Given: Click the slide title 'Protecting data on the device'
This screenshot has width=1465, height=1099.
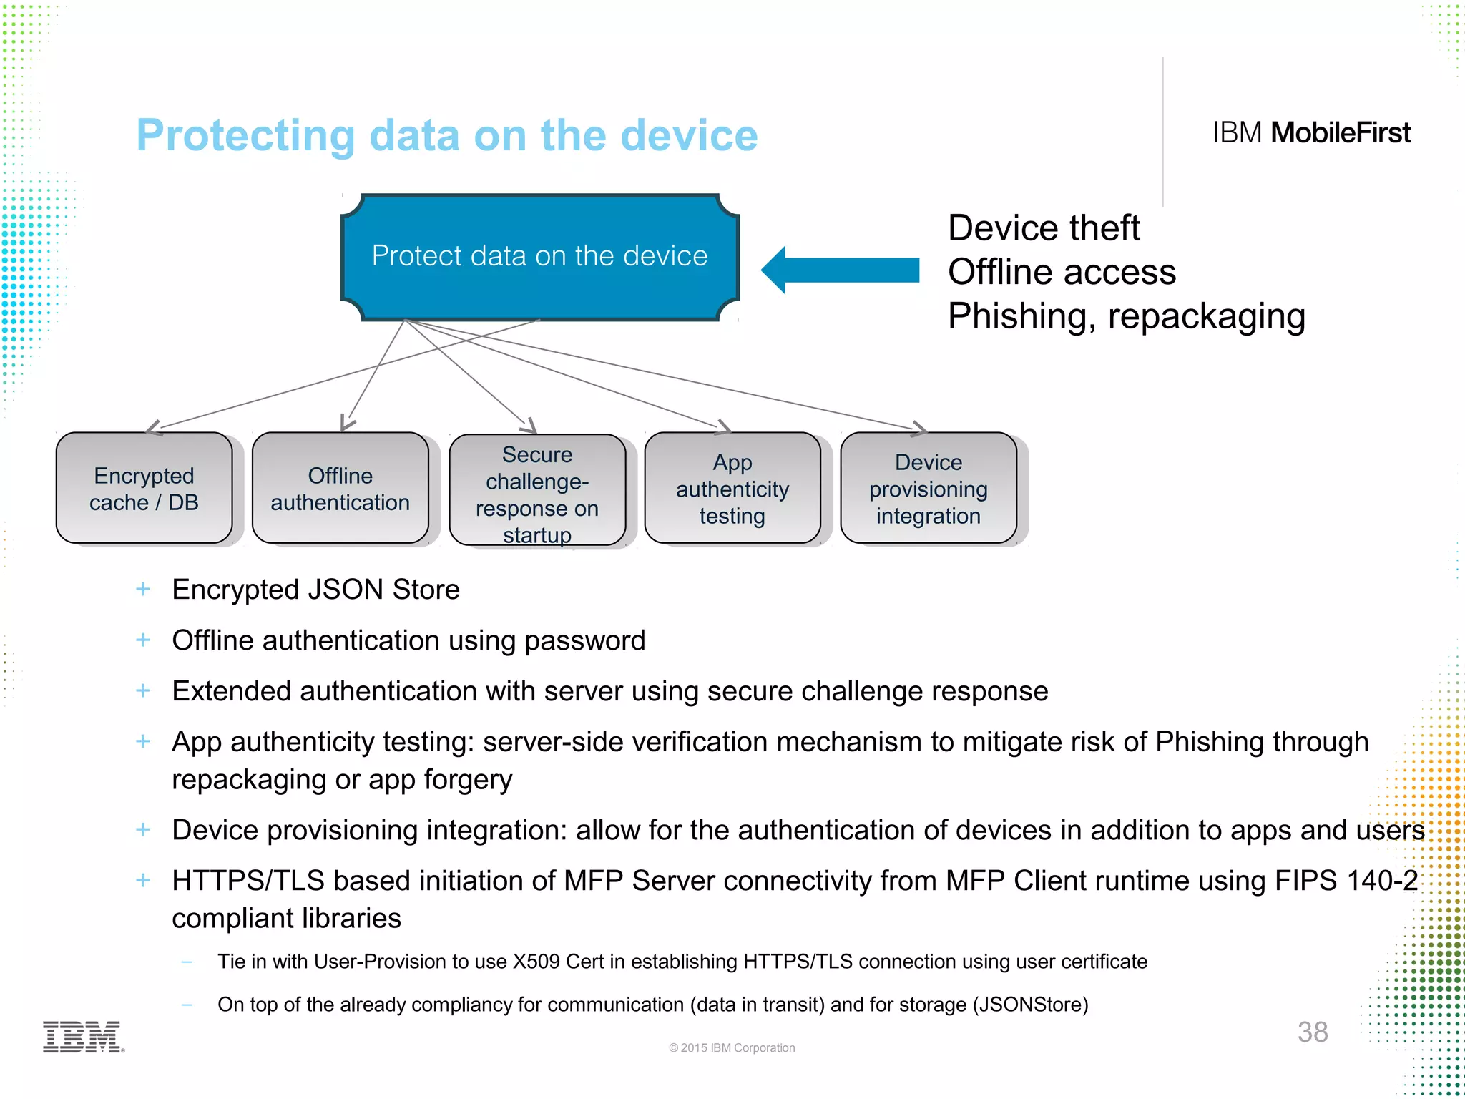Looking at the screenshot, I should tap(446, 135).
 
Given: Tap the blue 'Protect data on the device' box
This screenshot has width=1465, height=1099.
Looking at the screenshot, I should tap(540, 256).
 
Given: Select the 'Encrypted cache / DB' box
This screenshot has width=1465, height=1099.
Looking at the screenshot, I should tap(144, 489).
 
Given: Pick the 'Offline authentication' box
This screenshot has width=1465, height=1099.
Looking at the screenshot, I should tap(340, 489).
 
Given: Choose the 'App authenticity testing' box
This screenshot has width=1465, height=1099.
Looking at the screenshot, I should tap(732, 489).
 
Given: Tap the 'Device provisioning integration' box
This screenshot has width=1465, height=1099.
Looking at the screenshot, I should tap(928, 489).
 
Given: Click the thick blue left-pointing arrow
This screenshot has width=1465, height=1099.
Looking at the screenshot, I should tap(841, 270).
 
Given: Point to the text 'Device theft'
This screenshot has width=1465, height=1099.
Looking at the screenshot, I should tap(1043, 228).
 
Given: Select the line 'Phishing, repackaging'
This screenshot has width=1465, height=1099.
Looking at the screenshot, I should tap(1126, 316).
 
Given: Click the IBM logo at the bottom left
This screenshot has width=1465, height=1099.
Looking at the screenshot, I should tap(83, 1037).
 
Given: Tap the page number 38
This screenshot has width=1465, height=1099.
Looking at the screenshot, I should tap(1312, 1032).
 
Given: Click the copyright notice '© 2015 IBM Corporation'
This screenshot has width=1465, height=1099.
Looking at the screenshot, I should tap(731, 1047).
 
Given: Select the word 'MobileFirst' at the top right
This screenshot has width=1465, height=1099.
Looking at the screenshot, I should tap(1340, 133).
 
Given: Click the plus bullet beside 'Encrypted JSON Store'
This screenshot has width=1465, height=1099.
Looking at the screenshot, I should tap(143, 589).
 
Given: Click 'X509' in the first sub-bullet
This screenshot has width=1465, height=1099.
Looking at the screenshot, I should tap(536, 962).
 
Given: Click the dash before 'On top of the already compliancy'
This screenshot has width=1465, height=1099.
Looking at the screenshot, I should tap(187, 1005).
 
